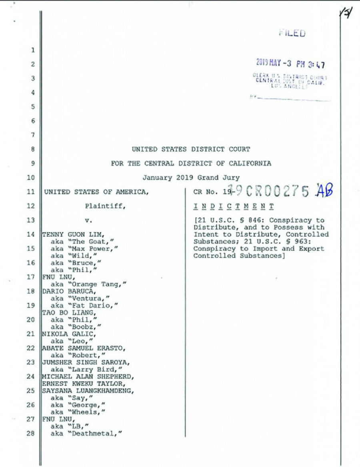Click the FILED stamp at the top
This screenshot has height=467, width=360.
(x=292, y=34)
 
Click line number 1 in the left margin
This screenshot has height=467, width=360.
(x=33, y=50)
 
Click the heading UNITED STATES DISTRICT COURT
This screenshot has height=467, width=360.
(x=191, y=149)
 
